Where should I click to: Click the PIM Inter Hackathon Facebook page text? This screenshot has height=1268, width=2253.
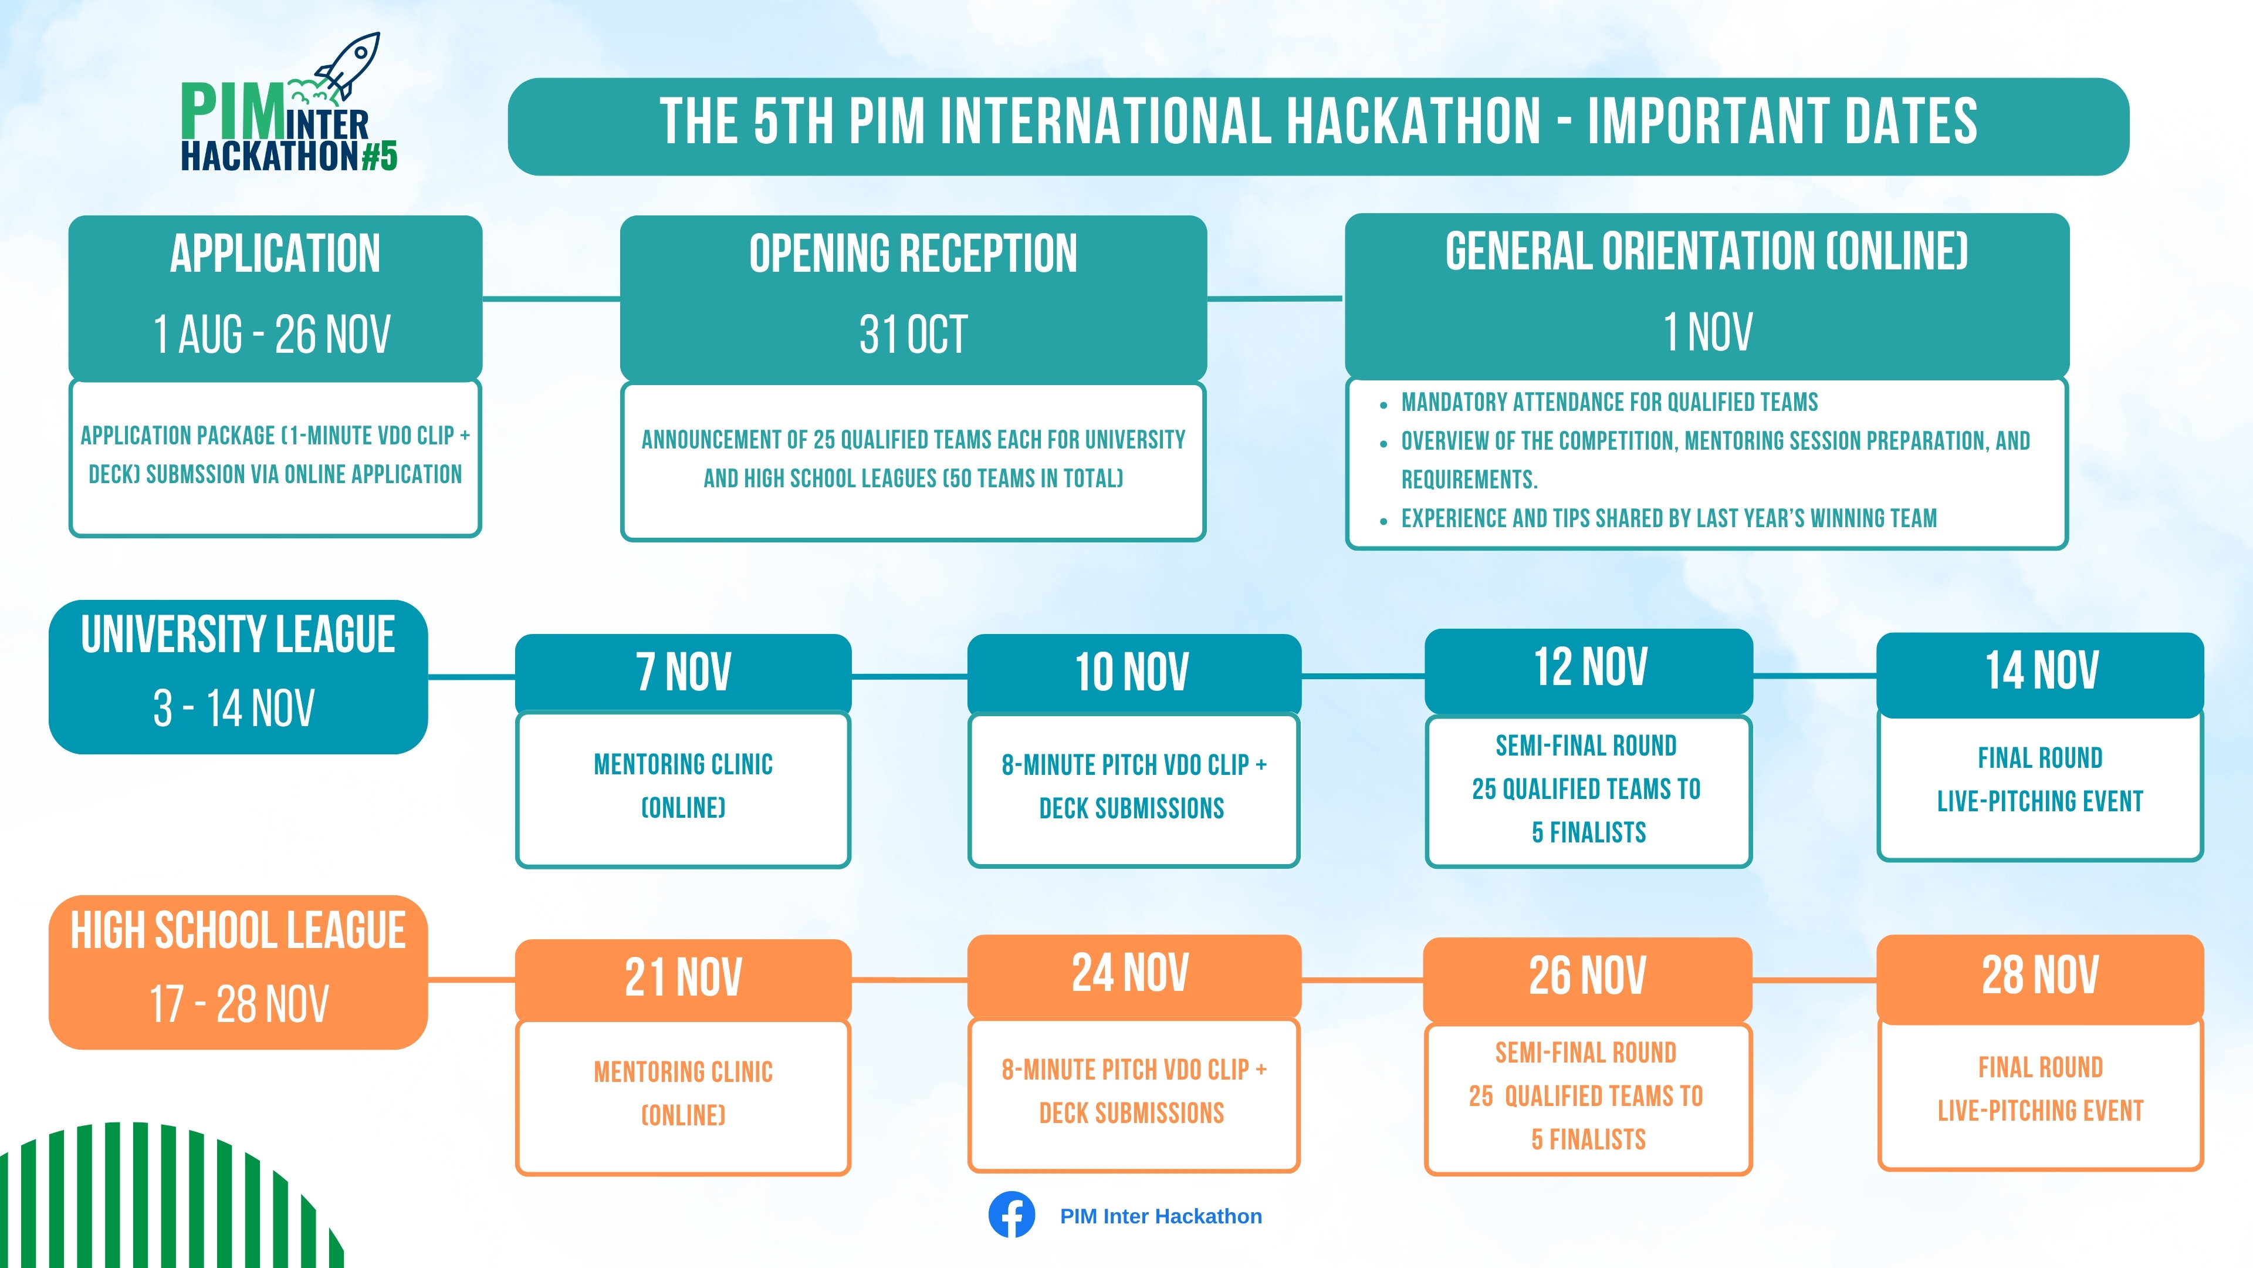[1161, 1216]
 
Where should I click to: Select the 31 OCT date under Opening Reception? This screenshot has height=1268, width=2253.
[913, 334]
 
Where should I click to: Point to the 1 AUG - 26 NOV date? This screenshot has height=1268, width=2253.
[272, 334]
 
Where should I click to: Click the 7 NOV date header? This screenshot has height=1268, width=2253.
[683, 672]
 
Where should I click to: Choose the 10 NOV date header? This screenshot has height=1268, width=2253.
[1132, 672]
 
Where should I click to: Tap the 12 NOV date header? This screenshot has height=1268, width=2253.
[1590, 667]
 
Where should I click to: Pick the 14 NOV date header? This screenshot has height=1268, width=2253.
[2041, 670]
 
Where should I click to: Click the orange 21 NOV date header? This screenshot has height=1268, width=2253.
[683, 977]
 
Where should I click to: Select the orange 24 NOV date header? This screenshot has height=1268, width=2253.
[1131, 973]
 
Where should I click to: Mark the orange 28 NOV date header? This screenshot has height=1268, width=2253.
[2041, 975]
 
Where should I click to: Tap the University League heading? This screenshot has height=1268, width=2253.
[238, 635]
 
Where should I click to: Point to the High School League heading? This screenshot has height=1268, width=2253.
[238, 930]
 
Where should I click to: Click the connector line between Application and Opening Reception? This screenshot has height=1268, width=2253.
[551, 298]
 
